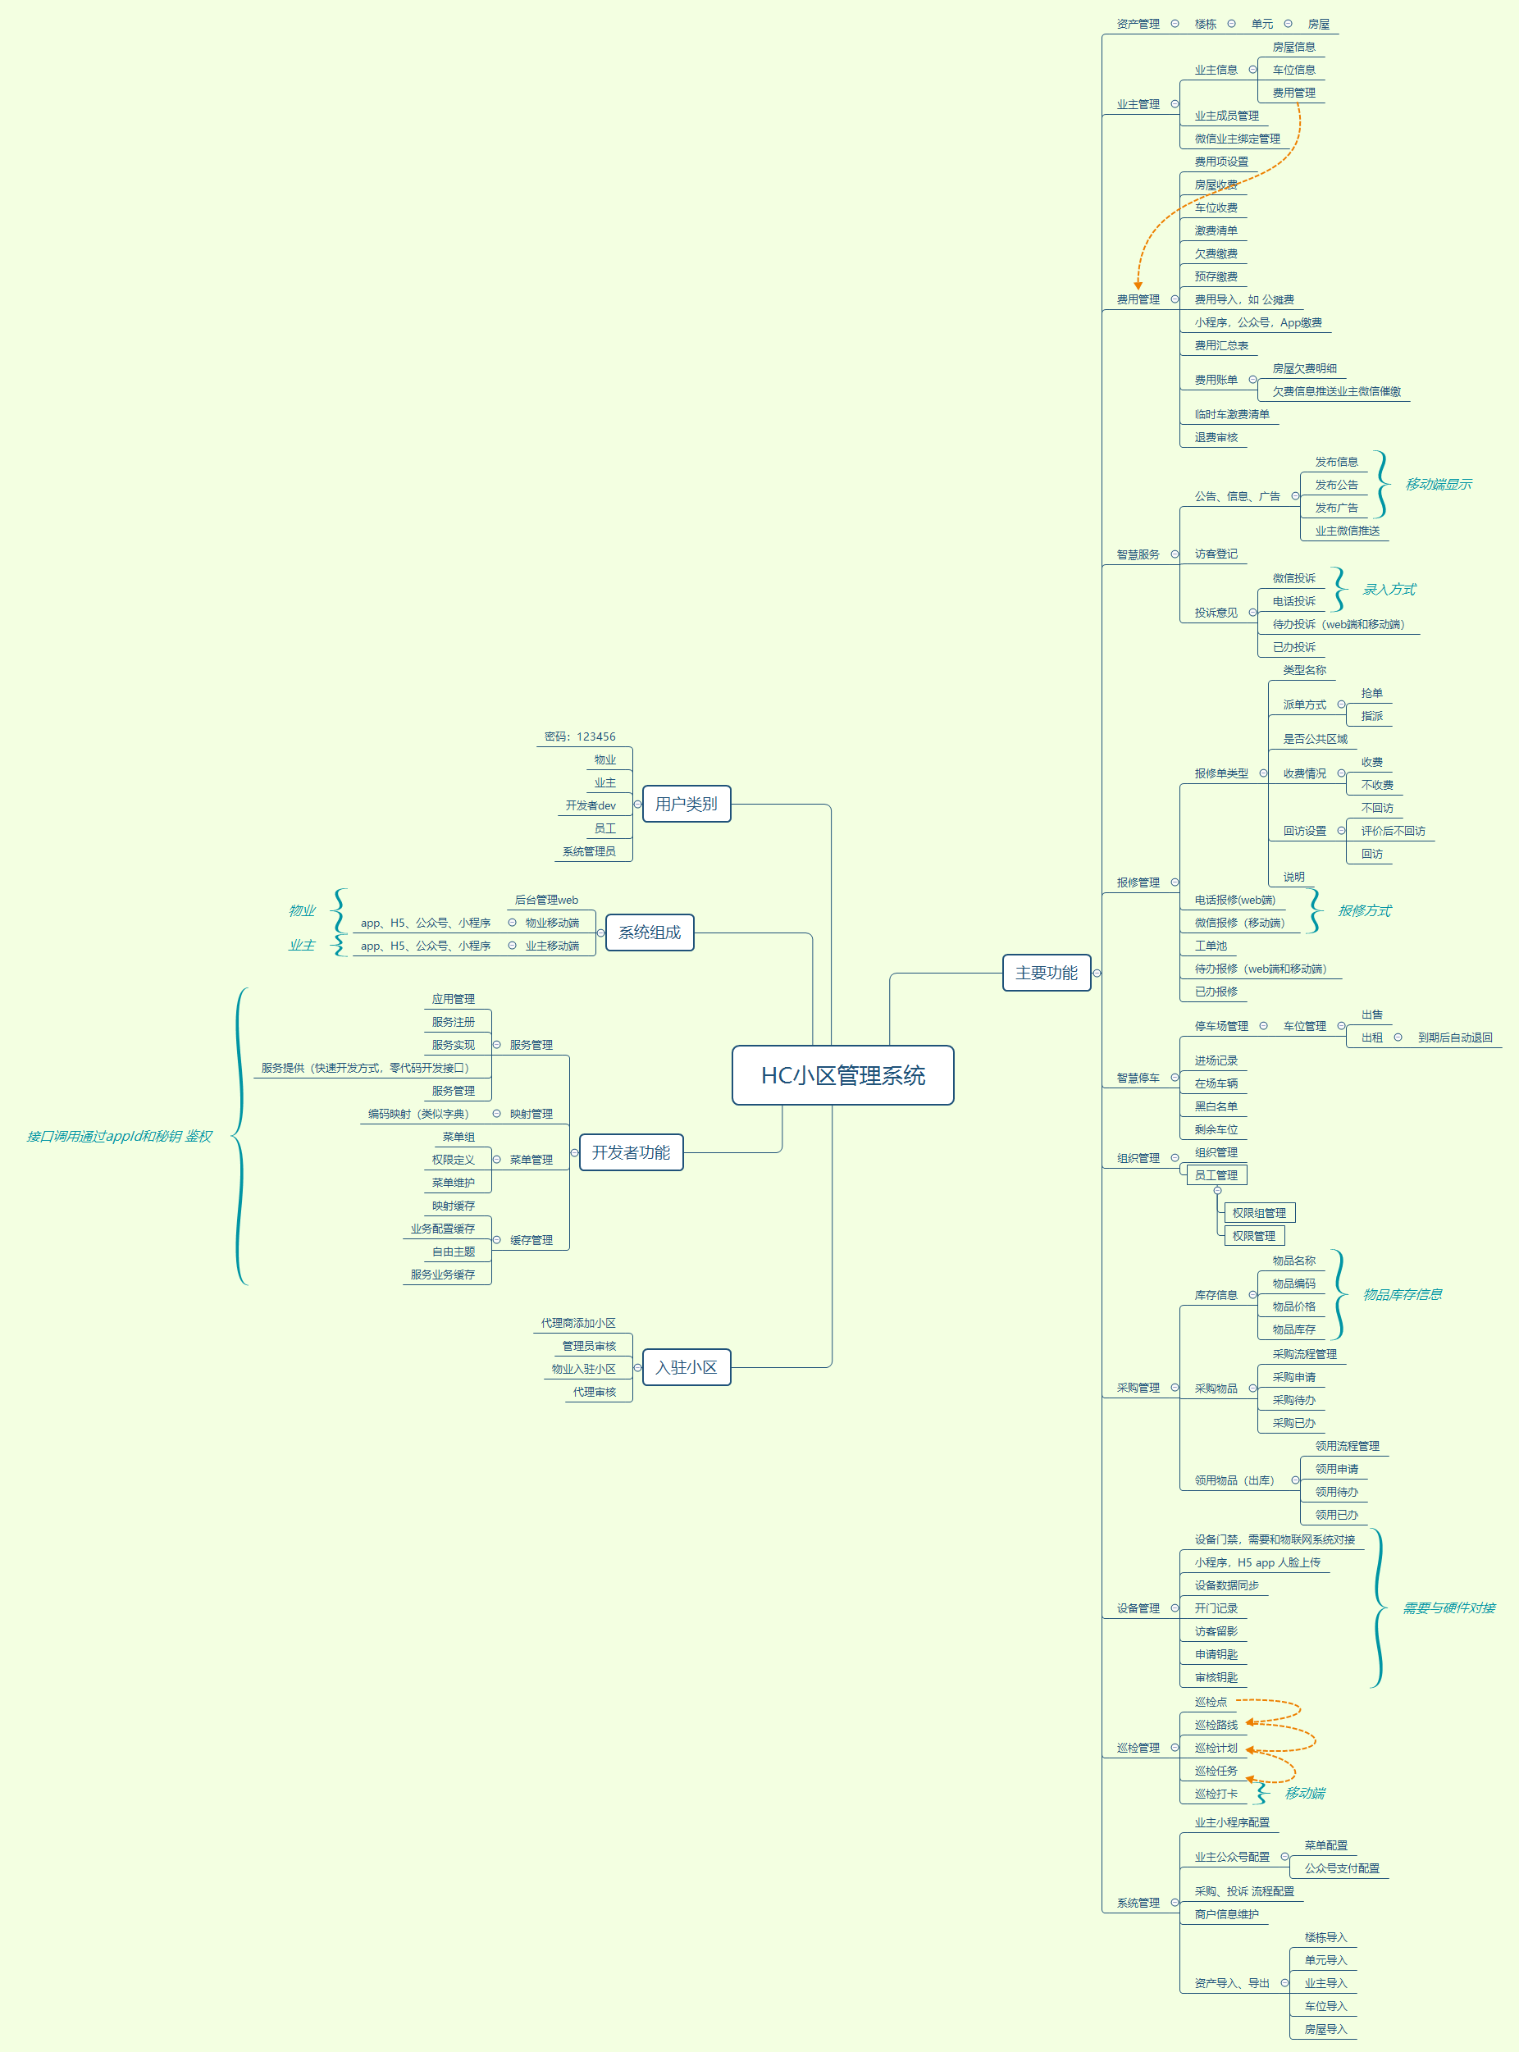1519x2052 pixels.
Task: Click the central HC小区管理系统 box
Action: tap(842, 1074)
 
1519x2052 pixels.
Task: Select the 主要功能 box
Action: tap(1046, 973)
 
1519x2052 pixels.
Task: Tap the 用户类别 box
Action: tap(686, 804)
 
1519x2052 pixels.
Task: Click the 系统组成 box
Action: tap(649, 933)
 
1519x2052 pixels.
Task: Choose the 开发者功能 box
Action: tap(631, 1153)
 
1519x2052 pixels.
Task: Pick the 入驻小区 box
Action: tap(686, 1367)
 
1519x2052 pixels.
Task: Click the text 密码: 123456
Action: tap(579, 736)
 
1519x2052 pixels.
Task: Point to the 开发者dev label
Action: tap(591, 805)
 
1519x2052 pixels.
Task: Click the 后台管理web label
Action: tap(546, 900)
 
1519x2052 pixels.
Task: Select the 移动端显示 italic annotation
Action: tap(1438, 485)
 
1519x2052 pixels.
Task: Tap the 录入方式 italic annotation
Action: tap(1389, 590)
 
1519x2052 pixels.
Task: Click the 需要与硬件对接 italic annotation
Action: tap(1448, 1608)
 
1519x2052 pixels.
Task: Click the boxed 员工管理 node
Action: tap(1216, 1175)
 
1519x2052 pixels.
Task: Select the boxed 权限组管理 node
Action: tap(1259, 1213)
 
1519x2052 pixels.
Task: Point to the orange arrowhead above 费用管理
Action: tap(1138, 286)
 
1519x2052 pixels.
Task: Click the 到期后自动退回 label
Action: tap(1455, 1037)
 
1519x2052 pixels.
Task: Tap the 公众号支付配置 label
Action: tap(1342, 1868)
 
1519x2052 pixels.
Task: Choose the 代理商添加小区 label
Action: tap(578, 1323)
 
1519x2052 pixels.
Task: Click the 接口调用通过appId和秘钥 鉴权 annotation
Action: tap(120, 1137)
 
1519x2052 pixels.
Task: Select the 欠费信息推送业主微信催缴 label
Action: tap(1336, 392)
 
